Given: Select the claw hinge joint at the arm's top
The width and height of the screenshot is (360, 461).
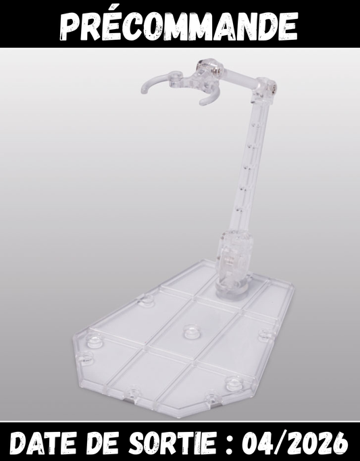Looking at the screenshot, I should click(x=203, y=73).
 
